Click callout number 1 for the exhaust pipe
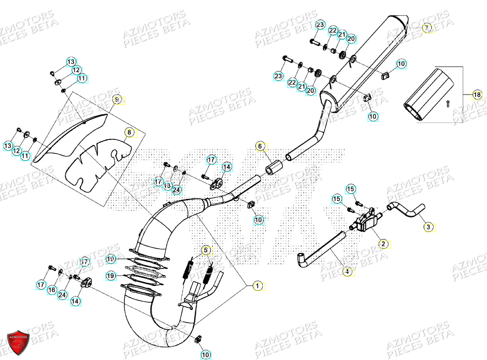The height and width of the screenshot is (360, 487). tap(258, 286)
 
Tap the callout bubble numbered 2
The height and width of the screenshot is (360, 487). tap(383, 244)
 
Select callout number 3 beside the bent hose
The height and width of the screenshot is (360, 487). tap(428, 227)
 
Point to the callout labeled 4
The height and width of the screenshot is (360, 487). tap(347, 272)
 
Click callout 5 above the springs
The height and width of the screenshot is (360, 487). tap(206, 250)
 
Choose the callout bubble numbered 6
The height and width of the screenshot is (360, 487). tap(259, 146)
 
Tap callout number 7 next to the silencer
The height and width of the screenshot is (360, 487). tap(427, 28)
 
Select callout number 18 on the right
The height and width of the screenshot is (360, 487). tap(476, 95)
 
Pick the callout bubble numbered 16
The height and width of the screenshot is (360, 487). tap(52, 289)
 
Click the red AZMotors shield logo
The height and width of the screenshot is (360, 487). tap(18, 341)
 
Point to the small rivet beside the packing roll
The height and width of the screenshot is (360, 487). tap(447, 103)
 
